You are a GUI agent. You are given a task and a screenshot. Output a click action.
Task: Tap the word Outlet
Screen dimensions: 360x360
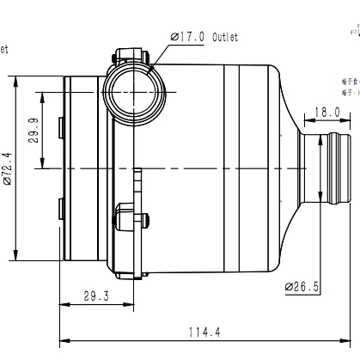223,37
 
